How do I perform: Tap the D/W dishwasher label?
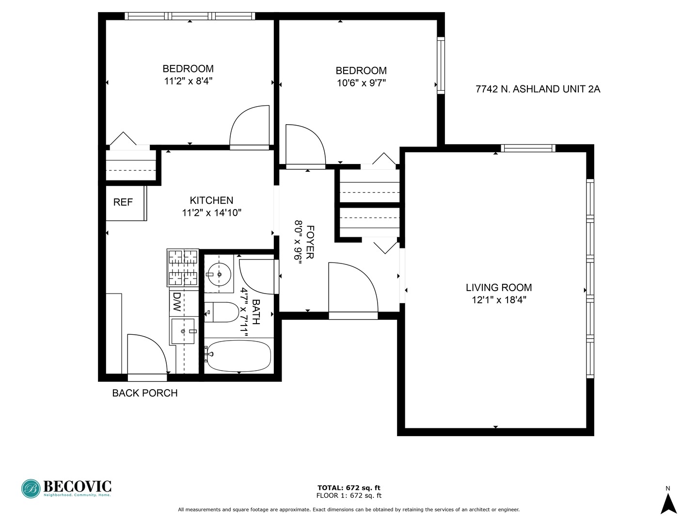177,302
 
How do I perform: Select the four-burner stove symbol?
183,267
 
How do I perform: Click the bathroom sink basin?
219,275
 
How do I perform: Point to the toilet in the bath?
222,312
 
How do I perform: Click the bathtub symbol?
238,356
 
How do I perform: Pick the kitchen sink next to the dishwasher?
183,331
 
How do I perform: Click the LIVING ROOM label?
499,287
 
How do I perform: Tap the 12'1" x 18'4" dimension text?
499,300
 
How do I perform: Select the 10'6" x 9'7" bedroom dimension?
361,83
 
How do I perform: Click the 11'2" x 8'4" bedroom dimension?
188,81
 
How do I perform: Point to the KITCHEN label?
211,200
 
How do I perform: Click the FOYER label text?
310,242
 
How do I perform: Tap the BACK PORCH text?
144,393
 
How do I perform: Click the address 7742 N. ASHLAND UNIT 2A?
538,89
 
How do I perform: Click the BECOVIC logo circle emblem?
31,489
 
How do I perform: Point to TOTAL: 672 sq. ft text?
349,488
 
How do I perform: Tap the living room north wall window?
528,148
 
